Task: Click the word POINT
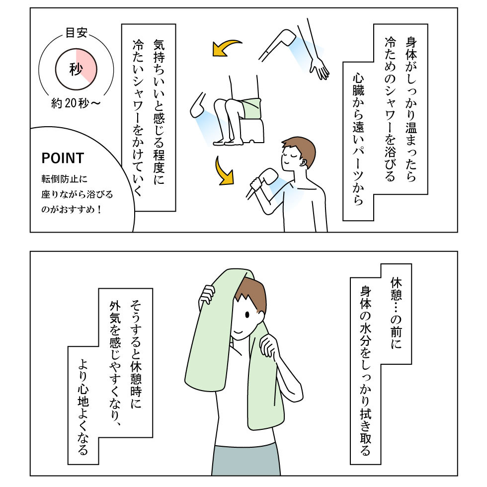(63, 158)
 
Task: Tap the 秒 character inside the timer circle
(76, 69)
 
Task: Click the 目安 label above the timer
(77, 33)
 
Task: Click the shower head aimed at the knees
(198, 105)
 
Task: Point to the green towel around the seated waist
(251, 109)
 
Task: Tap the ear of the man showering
(304, 163)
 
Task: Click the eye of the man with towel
(247, 315)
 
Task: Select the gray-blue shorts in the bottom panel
(246, 461)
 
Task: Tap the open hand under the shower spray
(319, 69)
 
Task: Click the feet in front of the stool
(228, 142)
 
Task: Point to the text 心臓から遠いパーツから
(358, 140)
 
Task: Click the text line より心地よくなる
(83, 407)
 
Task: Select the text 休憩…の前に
(397, 313)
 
